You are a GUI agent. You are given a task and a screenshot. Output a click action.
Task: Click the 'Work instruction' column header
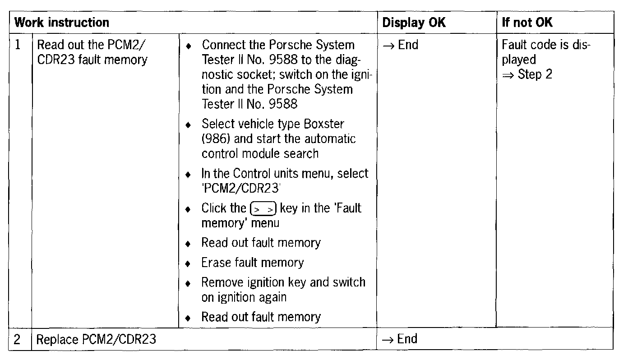[62, 23]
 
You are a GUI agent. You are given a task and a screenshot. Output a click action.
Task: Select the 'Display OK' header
[414, 23]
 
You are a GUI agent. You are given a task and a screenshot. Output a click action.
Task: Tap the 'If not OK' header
[527, 23]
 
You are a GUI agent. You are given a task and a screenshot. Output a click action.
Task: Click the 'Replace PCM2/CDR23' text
[96, 339]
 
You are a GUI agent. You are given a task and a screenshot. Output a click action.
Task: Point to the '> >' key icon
[263, 209]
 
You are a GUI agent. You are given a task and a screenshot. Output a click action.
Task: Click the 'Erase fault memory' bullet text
[252, 263]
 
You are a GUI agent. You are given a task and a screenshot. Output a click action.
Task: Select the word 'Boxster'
[325, 124]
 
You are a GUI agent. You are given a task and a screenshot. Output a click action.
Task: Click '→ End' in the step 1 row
[400, 45]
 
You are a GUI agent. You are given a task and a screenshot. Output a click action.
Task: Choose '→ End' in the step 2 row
[400, 339]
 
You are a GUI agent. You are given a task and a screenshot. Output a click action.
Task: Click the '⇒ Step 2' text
[527, 74]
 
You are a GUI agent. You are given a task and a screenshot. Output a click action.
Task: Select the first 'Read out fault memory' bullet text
[261, 243]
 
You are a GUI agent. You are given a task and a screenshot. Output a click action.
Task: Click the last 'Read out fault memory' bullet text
[261, 317]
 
